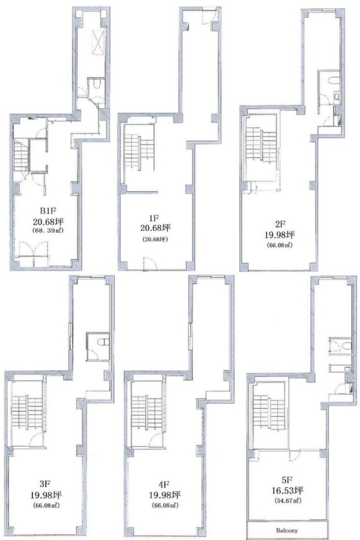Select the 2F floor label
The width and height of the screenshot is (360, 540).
coord(280,224)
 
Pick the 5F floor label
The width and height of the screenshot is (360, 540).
coord(287,479)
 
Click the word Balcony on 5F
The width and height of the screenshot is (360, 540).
coord(287,530)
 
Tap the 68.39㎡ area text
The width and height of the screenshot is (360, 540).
coord(48,230)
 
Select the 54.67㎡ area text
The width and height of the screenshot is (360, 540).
coord(288,500)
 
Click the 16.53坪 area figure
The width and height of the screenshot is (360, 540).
coord(288,490)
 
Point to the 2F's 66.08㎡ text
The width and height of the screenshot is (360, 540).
coord(279,246)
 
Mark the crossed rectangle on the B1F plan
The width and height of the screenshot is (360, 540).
coord(98,42)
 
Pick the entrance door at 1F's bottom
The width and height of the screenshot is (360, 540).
coord(150,263)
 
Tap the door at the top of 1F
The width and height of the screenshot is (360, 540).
coord(209,16)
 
